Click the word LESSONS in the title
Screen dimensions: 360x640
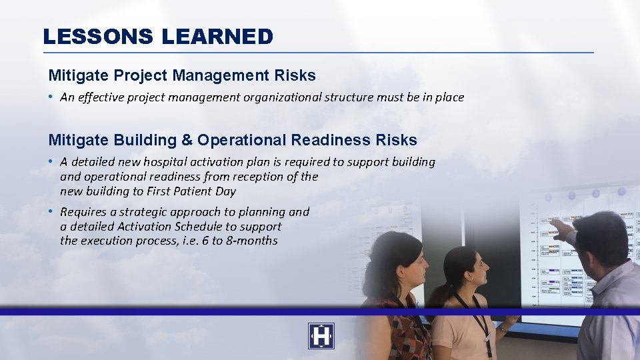98,37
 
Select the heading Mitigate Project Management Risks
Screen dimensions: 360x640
182,75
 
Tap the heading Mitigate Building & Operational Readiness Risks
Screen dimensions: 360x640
233,140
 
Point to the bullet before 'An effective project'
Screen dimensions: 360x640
51,97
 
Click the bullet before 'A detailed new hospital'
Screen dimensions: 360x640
51,162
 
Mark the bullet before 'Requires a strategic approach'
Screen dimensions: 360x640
51,212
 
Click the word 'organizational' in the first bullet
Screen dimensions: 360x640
281,97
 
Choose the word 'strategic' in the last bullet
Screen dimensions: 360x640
144,212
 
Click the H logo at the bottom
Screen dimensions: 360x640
321,336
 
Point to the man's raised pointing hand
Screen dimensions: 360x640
562,229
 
